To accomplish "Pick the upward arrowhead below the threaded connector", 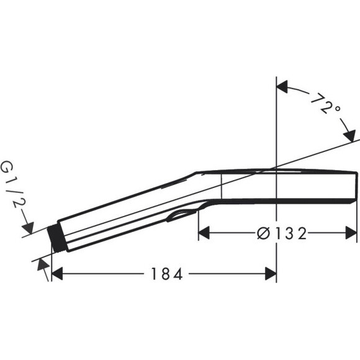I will (43, 264).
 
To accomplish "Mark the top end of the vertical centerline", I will (275, 78).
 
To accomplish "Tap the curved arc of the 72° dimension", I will (310, 94).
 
